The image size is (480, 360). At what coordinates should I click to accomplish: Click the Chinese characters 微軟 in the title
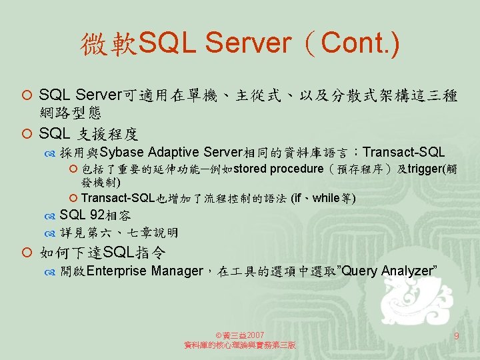[x=109, y=44]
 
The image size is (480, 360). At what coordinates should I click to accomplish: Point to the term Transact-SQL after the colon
[x=403, y=152]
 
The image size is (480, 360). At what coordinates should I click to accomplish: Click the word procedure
[x=297, y=169]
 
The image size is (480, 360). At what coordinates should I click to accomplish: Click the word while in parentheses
[x=325, y=198]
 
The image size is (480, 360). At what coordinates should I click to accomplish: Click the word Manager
[x=177, y=271]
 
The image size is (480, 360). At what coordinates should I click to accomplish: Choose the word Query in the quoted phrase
[x=359, y=271]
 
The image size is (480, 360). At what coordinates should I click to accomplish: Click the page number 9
[x=456, y=336]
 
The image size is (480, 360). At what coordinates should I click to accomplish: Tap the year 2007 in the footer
[x=255, y=335]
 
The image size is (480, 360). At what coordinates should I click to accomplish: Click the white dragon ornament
[x=416, y=301]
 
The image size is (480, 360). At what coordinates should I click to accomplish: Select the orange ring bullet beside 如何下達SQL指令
[x=27, y=253]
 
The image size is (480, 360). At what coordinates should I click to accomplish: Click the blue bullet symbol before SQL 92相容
[x=49, y=217]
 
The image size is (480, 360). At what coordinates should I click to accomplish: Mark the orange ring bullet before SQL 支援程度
[x=27, y=134]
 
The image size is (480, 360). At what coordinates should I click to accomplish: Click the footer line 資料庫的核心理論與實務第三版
[x=240, y=345]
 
